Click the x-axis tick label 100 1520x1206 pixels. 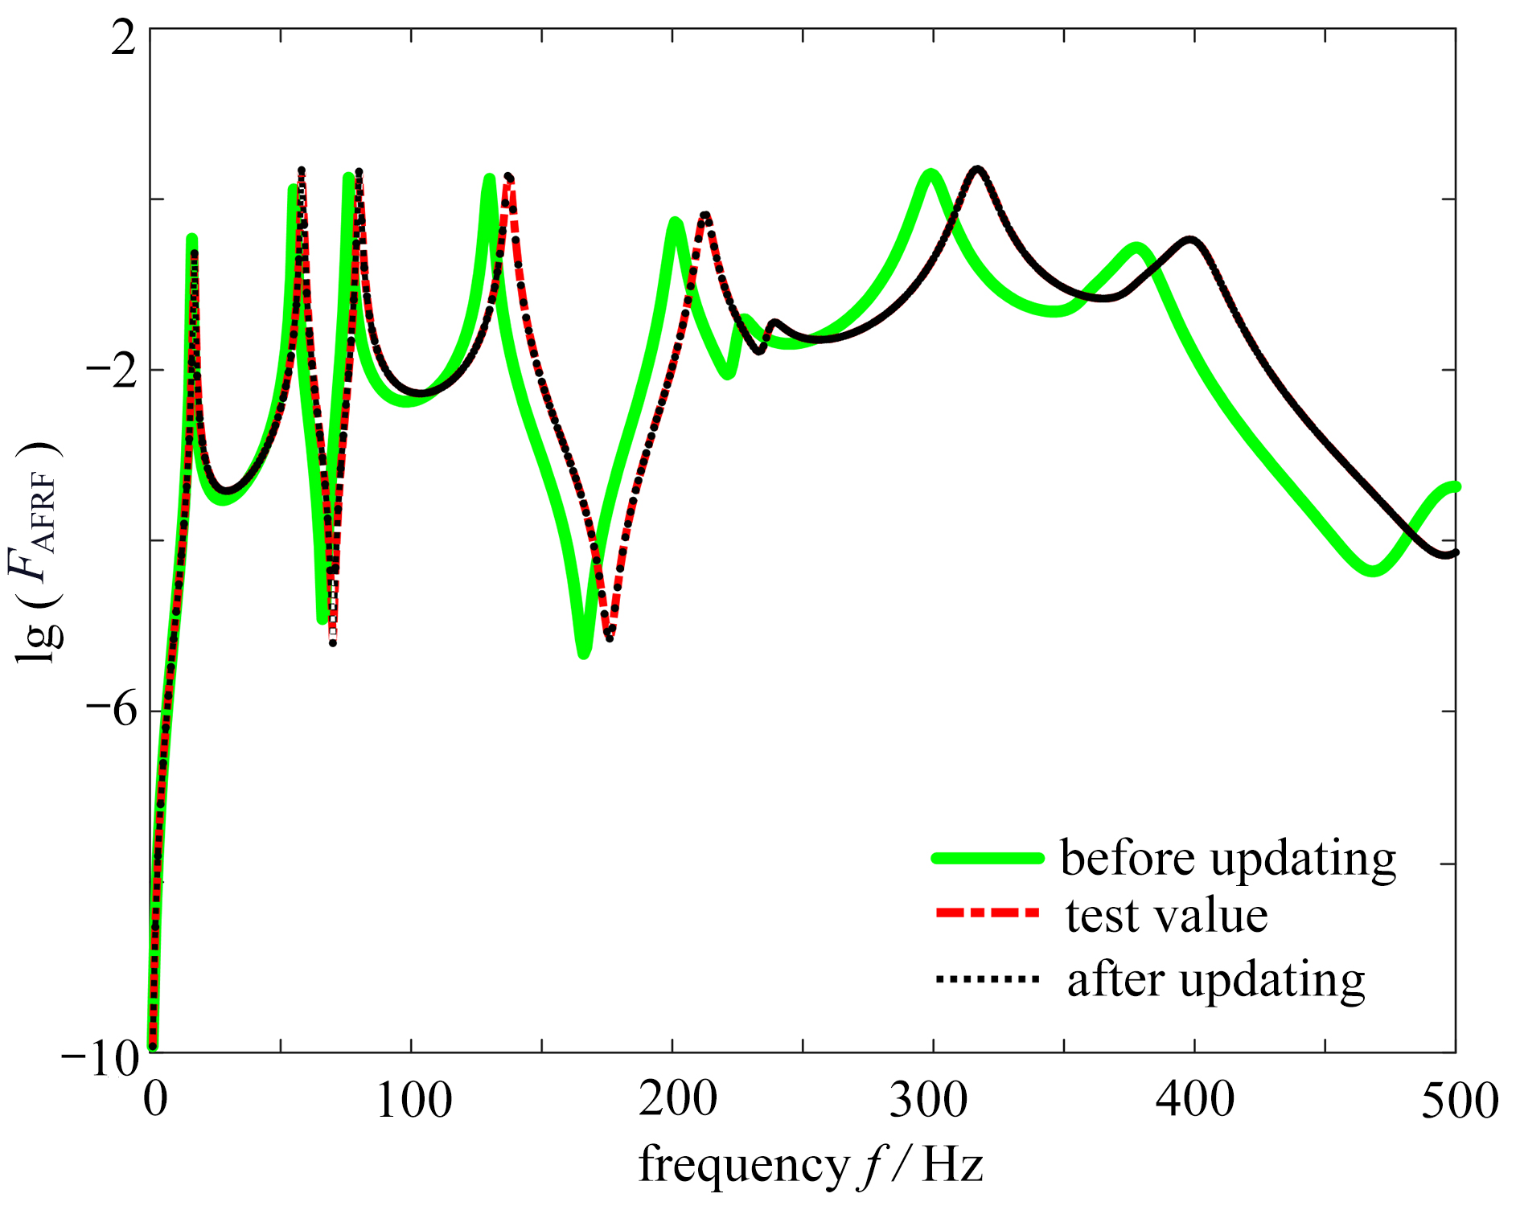pyautogui.click(x=413, y=1100)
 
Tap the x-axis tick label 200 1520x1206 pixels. pyautogui.click(x=677, y=1100)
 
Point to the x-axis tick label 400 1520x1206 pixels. pyautogui.click(x=1194, y=1100)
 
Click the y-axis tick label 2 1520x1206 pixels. pyautogui.click(x=125, y=38)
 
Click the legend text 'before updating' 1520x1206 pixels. pyautogui.click(x=1228, y=859)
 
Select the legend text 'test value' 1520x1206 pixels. pyautogui.click(x=1166, y=916)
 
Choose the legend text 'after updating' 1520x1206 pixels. pyautogui.click(x=1216, y=980)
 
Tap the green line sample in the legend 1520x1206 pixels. pyautogui.click(x=988, y=858)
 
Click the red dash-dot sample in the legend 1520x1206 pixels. pyautogui.click(x=988, y=913)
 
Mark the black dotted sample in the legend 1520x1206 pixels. pyautogui.click(x=988, y=979)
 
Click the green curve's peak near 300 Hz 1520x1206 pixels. pyautogui.click(x=931, y=174)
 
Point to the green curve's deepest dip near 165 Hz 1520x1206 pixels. pyautogui.click(x=584, y=653)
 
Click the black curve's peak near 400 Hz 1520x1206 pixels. pyautogui.click(x=1190, y=240)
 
